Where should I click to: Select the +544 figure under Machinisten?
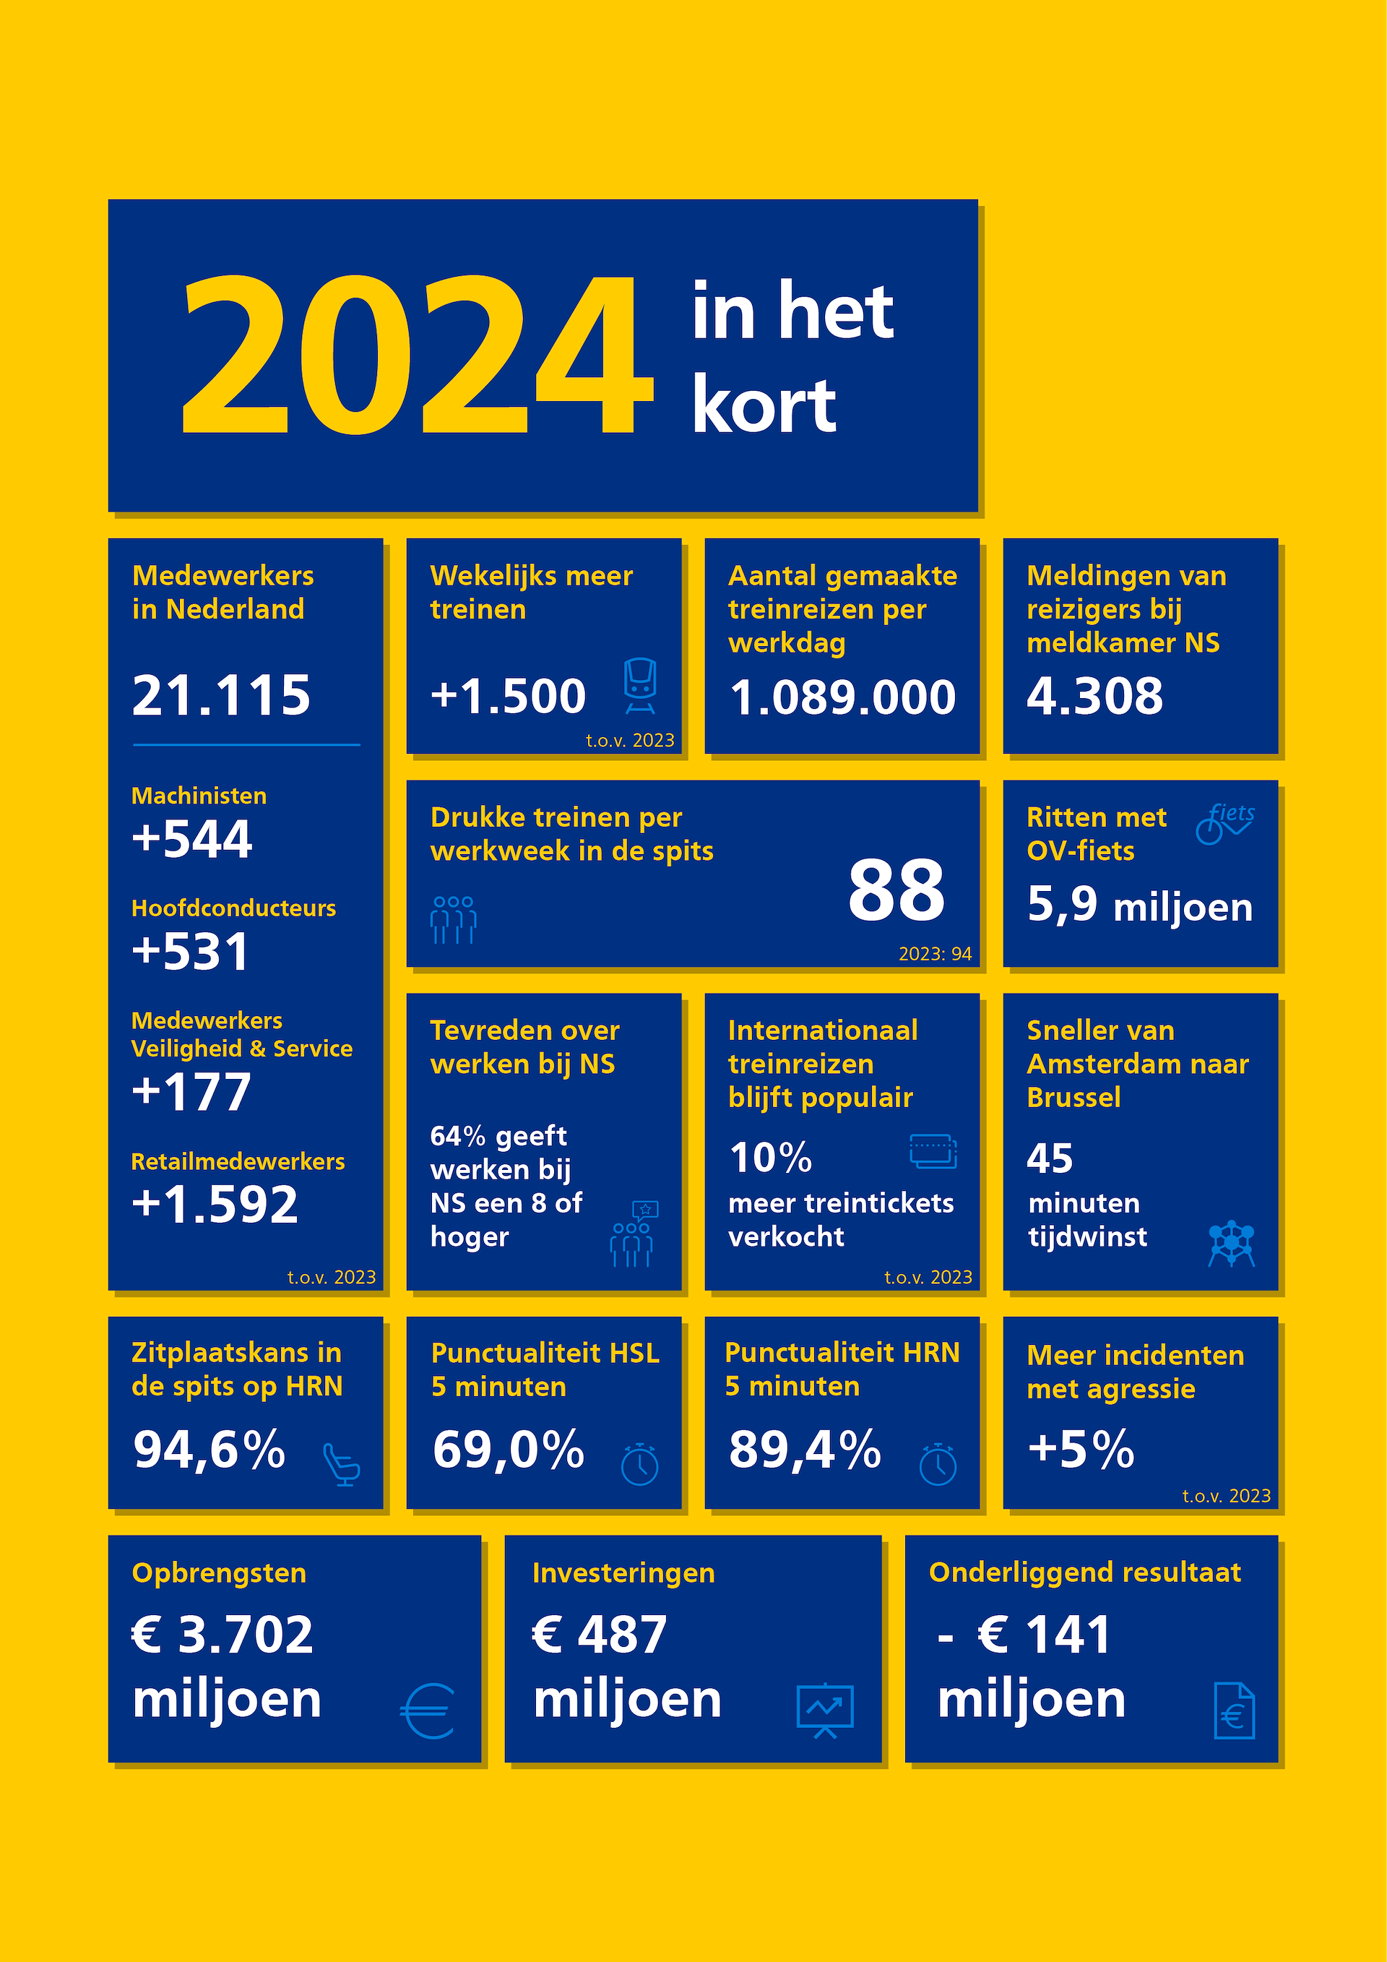tap(192, 838)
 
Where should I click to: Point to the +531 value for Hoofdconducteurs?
tap(191, 951)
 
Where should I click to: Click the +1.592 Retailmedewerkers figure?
tap(215, 1204)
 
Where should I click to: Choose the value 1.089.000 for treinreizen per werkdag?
tap(842, 697)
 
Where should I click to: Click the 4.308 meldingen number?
tap(1095, 696)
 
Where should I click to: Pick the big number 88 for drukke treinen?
tap(896, 890)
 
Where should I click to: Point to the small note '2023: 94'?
tap(936, 954)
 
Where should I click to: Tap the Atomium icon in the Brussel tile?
tap(1232, 1244)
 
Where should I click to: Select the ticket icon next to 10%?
tap(933, 1151)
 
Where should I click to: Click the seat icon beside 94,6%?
tap(342, 1465)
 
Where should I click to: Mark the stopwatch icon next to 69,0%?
tap(640, 1464)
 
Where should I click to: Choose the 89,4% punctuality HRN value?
tap(805, 1450)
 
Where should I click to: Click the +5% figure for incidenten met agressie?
tap(1081, 1450)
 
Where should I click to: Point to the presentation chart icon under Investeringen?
tap(825, 1711)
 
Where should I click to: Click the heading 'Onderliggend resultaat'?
tap(1084, 1572)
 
